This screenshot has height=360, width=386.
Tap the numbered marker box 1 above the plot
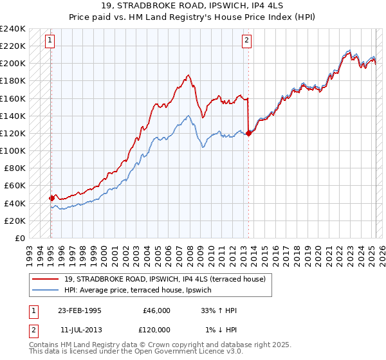tap(50, 40)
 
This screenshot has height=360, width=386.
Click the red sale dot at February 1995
tap(51, 198)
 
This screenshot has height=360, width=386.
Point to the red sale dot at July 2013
tap(248, 134)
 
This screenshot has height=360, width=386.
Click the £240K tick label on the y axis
tap(13, 29)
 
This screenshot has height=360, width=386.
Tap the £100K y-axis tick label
tap(13, 150)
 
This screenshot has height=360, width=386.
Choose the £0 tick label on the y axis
tap(19, 238)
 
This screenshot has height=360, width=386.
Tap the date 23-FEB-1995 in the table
tap(79, 310)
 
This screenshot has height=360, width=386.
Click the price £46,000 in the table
tap(156, 310)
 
